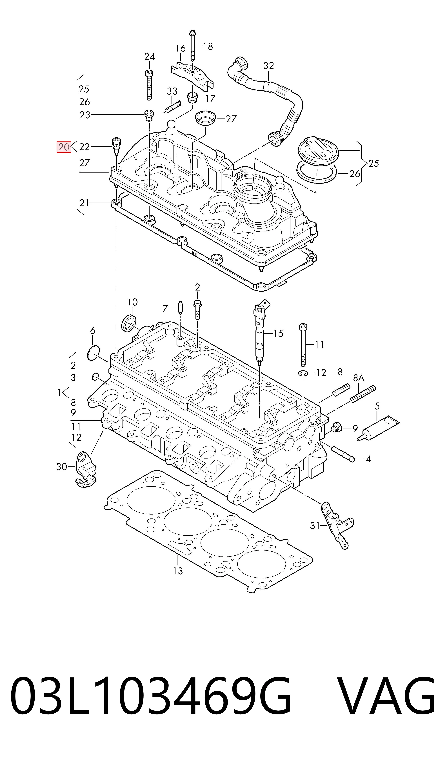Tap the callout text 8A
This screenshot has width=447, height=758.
[359, 378]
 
